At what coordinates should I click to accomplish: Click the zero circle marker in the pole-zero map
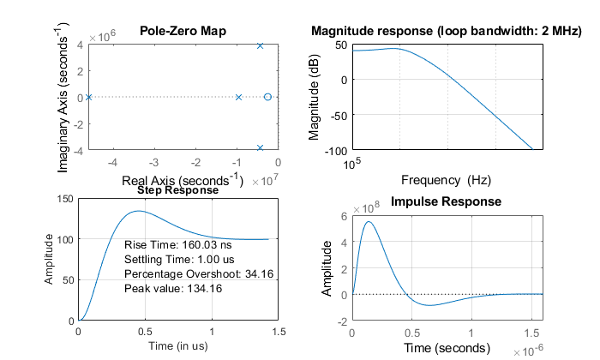[x=267, y=97]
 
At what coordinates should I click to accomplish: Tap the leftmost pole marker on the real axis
[x=88, y=97]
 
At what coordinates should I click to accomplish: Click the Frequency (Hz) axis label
[x=446, y=181]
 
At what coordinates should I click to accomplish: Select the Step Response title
[x=177, y=190]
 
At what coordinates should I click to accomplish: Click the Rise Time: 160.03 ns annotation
[x=171, y=245]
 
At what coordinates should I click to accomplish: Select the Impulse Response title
[x=446, y=203]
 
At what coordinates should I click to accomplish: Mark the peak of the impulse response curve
[x=369, y=222]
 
